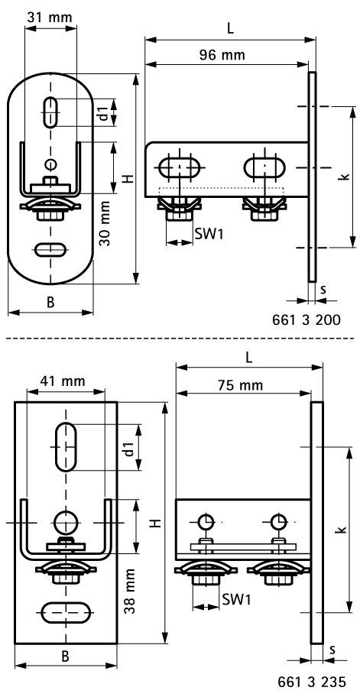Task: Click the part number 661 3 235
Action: (313, 682)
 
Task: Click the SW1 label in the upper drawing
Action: (209, 234)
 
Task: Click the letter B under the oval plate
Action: (50, 302)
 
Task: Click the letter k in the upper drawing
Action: (346, 177)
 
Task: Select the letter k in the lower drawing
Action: (340, 529)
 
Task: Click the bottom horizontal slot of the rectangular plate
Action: (66, 613)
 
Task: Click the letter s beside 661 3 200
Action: (324, 291)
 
